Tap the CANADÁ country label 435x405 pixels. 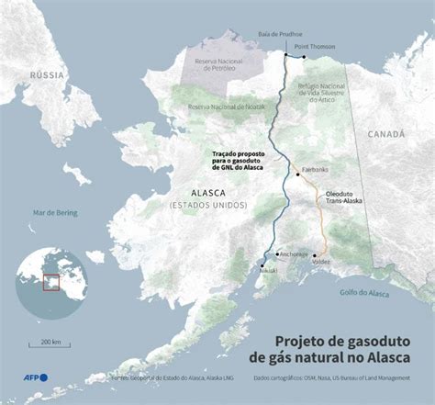coord(385,134)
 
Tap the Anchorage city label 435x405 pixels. coord(294,253)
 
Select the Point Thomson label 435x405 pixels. coord(314,44)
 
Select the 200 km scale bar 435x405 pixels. coord(50,347)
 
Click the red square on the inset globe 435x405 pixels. coord(51,281)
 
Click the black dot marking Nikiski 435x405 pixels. coord(262,264)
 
